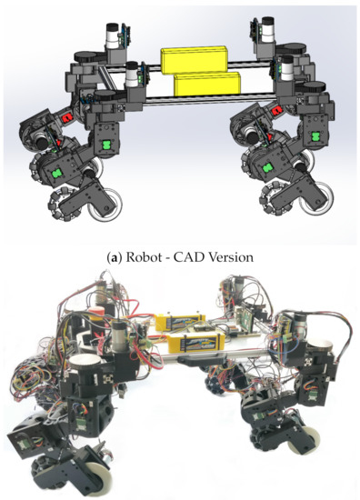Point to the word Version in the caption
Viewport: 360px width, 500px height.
tap(235, 257)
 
